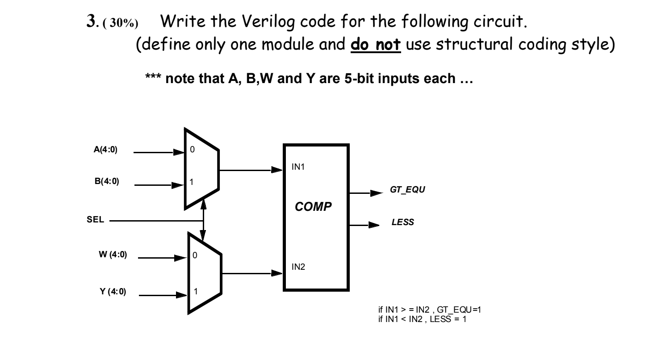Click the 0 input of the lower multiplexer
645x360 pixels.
coord(195,256)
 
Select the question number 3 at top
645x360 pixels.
coord(88,21)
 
